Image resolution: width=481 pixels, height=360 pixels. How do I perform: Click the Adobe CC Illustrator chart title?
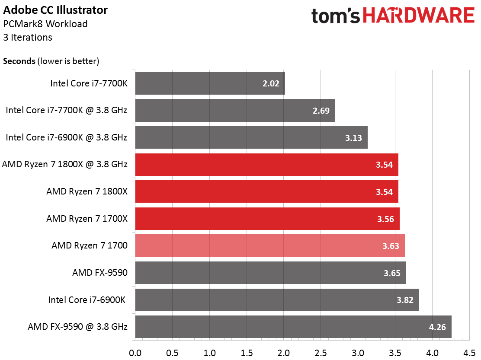(56, 10)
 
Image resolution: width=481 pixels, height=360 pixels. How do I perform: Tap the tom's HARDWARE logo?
(393, 16)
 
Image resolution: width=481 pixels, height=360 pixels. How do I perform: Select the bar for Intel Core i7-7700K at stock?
(210, 83)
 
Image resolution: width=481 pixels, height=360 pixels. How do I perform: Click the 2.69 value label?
(321, 111)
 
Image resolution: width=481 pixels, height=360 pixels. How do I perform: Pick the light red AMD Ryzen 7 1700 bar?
(270, 246)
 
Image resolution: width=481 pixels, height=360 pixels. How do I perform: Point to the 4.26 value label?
(437, 327)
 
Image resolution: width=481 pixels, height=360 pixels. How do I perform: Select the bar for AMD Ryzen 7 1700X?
(267, 219)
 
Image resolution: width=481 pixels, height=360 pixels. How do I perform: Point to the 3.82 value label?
(405, 299)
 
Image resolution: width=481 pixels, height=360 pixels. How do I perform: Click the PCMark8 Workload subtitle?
(45, 24)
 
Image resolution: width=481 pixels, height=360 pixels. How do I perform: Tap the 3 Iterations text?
(28, 38)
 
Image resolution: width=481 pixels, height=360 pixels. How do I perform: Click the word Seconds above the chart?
(19, 61)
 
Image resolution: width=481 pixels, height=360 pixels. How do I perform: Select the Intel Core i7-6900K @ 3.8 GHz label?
(66, 137)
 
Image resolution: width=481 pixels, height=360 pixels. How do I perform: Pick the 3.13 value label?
(353, 137)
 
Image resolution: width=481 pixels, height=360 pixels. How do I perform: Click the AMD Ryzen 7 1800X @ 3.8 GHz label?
(65, 164)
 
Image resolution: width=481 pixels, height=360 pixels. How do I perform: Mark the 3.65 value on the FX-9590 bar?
(392, 273)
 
